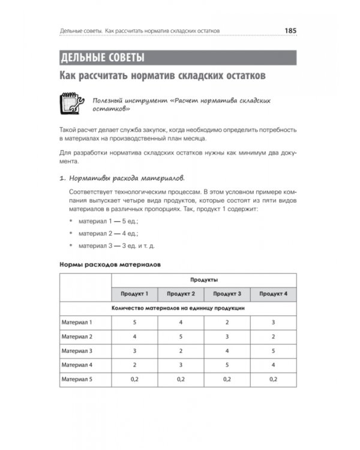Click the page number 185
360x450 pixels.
tap(291, 30)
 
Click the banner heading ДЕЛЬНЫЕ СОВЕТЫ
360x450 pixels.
tap(103, 58)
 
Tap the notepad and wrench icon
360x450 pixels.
tap(71, 103)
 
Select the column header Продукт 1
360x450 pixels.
tap(135, 294)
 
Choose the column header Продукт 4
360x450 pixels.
tap(273, 294)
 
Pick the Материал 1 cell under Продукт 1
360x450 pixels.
tap(135, 322)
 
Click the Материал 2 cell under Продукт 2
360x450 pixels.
tap(181, 337)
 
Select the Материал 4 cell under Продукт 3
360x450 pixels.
tap(227, 365)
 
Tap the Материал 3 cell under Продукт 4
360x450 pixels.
tap(273, 350)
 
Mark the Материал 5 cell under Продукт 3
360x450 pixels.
tap(227, 379)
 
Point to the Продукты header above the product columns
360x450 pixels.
tap(204, 280)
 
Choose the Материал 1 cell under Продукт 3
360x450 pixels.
tap(227, 322)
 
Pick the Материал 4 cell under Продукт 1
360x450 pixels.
tap(135, 365)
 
